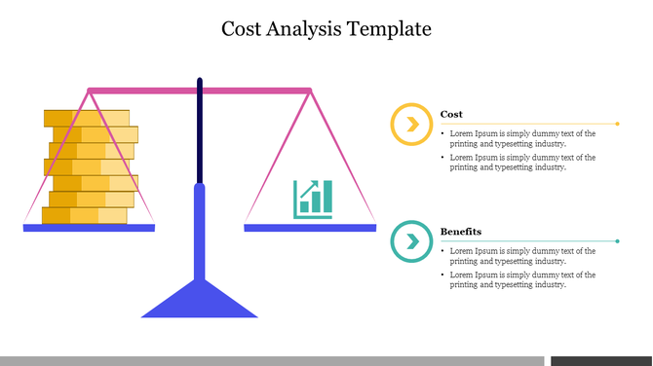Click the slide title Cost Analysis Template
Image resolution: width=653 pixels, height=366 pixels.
pyautogui.click(x=326, y=28)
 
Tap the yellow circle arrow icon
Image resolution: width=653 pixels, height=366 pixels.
pyautogui.click(x=412, y=125)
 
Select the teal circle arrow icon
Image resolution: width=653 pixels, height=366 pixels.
pyautogui.click(x=412, y=241)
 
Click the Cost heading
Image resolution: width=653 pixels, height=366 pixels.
pyautogui.click(x=451, y=114)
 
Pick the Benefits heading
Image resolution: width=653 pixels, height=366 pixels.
pyautogui.click(x=460, y=232)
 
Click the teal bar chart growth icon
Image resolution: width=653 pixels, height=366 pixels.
pyautogui.click(x=312, y=198)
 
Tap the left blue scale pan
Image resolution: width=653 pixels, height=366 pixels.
pyautogui.click(x=89, y=228)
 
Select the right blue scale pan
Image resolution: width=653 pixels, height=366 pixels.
pyautogui.click(x=310, y=228)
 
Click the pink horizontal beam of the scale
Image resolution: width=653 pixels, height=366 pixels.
pyautogui.click(x=253, y=91)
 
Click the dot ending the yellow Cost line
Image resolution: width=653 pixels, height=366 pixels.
pyautogui.click(x=619, y=124)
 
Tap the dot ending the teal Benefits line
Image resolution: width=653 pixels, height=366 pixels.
pyautogui.click(x=619, y=240)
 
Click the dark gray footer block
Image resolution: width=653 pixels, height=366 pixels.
pyautogui.click(x=600, y=360)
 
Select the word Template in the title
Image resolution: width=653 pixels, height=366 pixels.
pyautogui.click(x=390, y=28)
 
